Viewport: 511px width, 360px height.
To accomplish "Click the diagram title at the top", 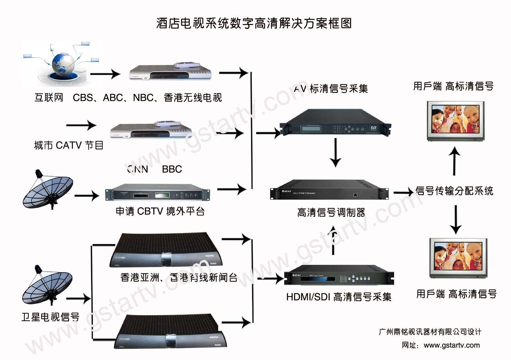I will pos(254,23).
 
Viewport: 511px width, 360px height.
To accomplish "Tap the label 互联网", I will pos(49,97).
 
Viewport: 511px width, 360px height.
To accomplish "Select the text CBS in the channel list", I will pos(83,97).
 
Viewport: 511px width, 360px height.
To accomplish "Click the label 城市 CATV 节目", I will pos(69,145).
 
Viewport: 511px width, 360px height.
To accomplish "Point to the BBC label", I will pos(172,169).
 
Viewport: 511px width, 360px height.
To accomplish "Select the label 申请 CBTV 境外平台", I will pos(160,211).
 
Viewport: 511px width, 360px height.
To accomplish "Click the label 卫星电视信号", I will pos(50,317).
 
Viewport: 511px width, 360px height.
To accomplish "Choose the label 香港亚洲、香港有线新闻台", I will pos(179,277).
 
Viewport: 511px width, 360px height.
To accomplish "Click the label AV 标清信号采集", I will pos(331,88).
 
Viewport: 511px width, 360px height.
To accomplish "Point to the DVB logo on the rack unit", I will pos(373,128).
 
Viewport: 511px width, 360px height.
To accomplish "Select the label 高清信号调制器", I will pos(331,212).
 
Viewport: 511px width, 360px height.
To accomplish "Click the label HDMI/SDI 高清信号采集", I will pos(339,297).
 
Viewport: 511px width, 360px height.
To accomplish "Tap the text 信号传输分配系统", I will pos(454,191).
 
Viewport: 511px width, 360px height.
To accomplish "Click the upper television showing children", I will pos(456,121).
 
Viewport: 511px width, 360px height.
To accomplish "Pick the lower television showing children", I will pos(458,258).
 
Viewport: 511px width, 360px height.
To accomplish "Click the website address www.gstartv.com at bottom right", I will pos(452,345).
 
